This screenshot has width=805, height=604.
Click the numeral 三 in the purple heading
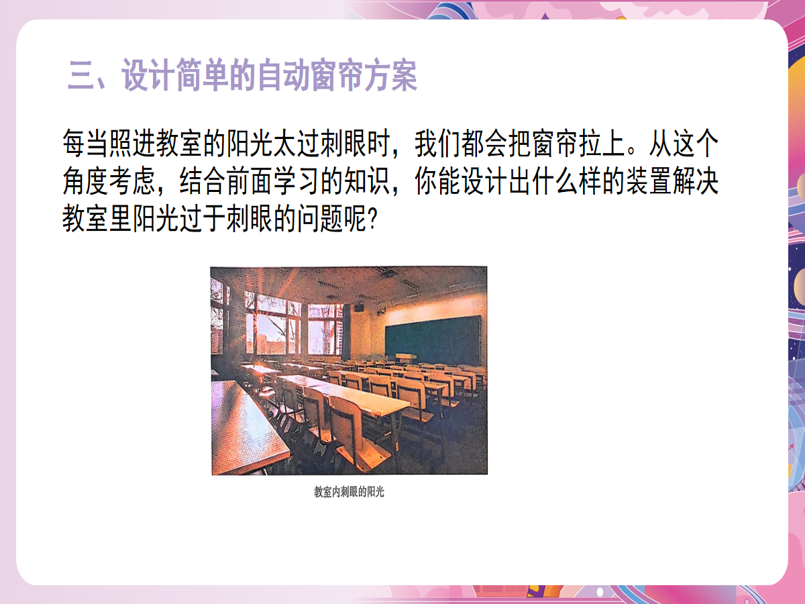81,75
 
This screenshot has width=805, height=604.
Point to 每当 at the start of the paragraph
86,144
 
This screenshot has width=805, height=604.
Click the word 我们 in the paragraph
437,144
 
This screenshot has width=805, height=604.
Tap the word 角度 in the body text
86,181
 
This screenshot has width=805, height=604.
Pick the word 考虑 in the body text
133,181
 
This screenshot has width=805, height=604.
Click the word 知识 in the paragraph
367,181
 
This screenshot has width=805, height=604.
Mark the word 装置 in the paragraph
649,181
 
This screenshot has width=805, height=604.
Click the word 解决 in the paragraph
696,181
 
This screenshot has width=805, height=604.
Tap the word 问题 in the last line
320,218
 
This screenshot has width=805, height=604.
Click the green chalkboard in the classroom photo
433,340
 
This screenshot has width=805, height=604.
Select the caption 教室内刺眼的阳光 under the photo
349,492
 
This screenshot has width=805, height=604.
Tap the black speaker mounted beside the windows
359,307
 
